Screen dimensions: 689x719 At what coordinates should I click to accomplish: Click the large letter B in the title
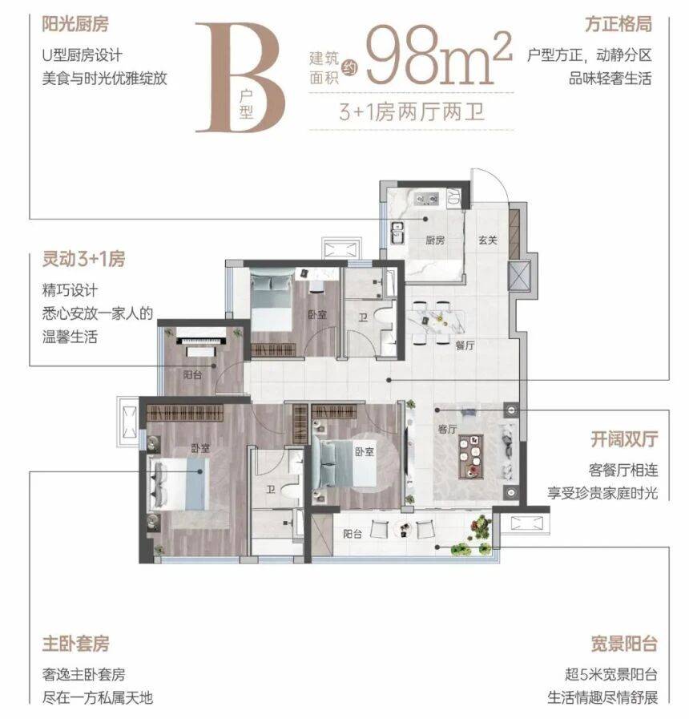[x=239, y=77]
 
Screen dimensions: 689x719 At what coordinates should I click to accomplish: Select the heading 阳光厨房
[x=75, y=24]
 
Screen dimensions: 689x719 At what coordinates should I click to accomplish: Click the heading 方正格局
[x=618, y=24]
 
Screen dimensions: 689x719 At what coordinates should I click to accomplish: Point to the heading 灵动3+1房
[x=83, y=259]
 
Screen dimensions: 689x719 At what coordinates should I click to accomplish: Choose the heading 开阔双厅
[x=624, y=439]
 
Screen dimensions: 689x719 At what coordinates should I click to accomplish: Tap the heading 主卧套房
[x=75, y=644]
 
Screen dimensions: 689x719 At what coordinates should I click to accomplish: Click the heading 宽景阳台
[x=624, y=644]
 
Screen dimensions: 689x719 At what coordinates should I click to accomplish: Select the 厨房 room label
[x=434, y=240]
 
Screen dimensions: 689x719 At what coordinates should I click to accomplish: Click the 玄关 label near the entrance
[x=488, y=240]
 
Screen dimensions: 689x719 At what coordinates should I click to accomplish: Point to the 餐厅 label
[x=465, y=345]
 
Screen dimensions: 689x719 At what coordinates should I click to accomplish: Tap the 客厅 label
[x=447, y=429]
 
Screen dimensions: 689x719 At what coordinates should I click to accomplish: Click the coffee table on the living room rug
[x=471, y=456]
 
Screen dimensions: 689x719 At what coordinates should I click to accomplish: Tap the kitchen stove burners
[x=426, y=199]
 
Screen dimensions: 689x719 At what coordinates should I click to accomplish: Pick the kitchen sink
[x=397, y=232]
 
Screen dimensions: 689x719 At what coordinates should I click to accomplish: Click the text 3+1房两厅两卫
[x=412, y=112]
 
